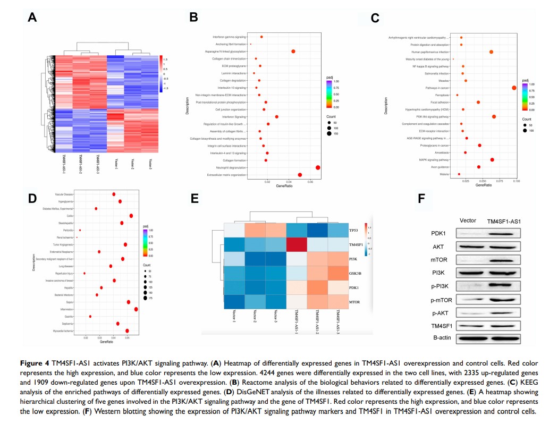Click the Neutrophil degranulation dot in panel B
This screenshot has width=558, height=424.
pos(318,167)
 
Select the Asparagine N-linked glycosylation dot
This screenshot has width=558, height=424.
pos(293,51)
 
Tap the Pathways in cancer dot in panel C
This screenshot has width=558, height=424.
pos(514,88)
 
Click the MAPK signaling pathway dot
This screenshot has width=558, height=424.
pos(492,159)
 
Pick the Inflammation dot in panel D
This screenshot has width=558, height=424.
pos(137,309)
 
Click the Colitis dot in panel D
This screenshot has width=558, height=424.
pos(131,216)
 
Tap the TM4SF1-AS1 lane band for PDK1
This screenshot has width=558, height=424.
pos(503,233)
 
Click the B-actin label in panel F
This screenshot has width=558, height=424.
pos(435,338)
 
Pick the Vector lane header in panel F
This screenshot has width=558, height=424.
pos(468,221)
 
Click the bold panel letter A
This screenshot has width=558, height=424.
pos(32,18)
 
